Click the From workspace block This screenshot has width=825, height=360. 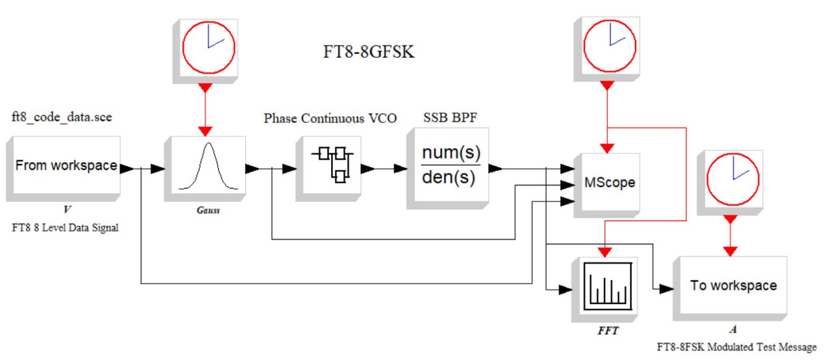click(x=63, y=169)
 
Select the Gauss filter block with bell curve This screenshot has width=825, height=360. click(x=205, y=169)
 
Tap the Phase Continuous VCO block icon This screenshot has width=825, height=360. click(x=328, y=169)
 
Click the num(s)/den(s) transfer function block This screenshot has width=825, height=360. click(x=447, y=168)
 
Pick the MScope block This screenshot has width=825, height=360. click(x=607, y=185)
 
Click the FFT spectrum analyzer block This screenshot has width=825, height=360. click(x=605, y=289)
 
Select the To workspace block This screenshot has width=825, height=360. click(x=730, y=289)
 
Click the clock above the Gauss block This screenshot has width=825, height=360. click(x=206, y=51)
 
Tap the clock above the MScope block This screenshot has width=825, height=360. click(x=607, y=49)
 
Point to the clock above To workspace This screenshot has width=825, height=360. click(x=730, y=183)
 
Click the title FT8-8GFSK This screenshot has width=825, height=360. click(x=369, y=52)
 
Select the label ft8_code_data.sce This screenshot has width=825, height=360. click(x=62, y=117)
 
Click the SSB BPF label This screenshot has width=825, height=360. click(x=450, y=117)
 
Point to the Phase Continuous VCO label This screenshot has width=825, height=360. click(x=330, y=118)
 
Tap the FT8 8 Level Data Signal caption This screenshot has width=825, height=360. click(x=65, y=228)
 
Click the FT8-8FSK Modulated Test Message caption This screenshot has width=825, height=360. click(x=737, y=347)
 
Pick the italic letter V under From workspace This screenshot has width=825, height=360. click(x=67, y=209)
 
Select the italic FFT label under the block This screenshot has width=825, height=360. click(x=608, y=331)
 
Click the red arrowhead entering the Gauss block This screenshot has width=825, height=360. click(x=205, y=132)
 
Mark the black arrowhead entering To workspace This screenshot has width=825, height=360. click(x=667, y=289)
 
